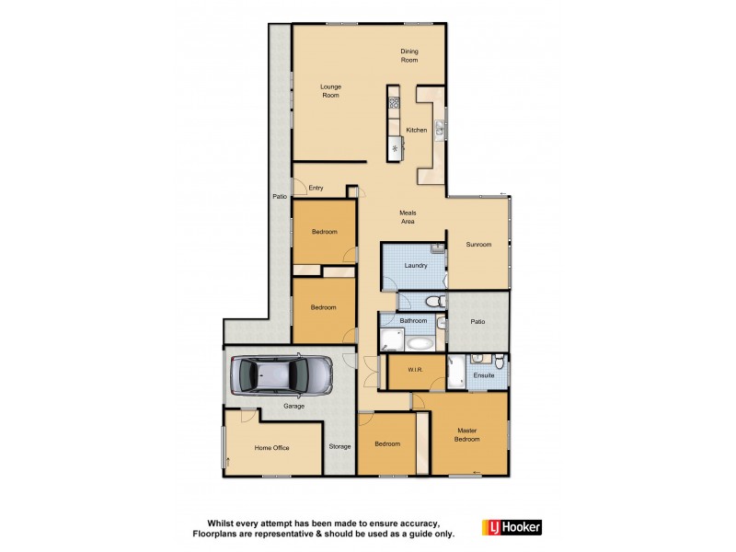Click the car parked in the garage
(282, 376)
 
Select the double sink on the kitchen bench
(440, 130)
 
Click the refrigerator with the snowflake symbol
(395, 148)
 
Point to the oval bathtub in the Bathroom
(420, 343)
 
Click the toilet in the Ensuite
(496, 360)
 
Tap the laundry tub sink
(438, 249)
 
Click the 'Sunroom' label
(478, 245)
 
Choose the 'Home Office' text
(271, 448)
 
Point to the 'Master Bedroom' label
(467, 435)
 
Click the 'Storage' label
(339, 446)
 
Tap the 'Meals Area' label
(408, 217)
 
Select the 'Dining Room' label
(408, 55)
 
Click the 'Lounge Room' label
(330, 91)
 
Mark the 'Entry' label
(316, 188)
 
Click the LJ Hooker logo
(512, 527)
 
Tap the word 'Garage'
(293, 406)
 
